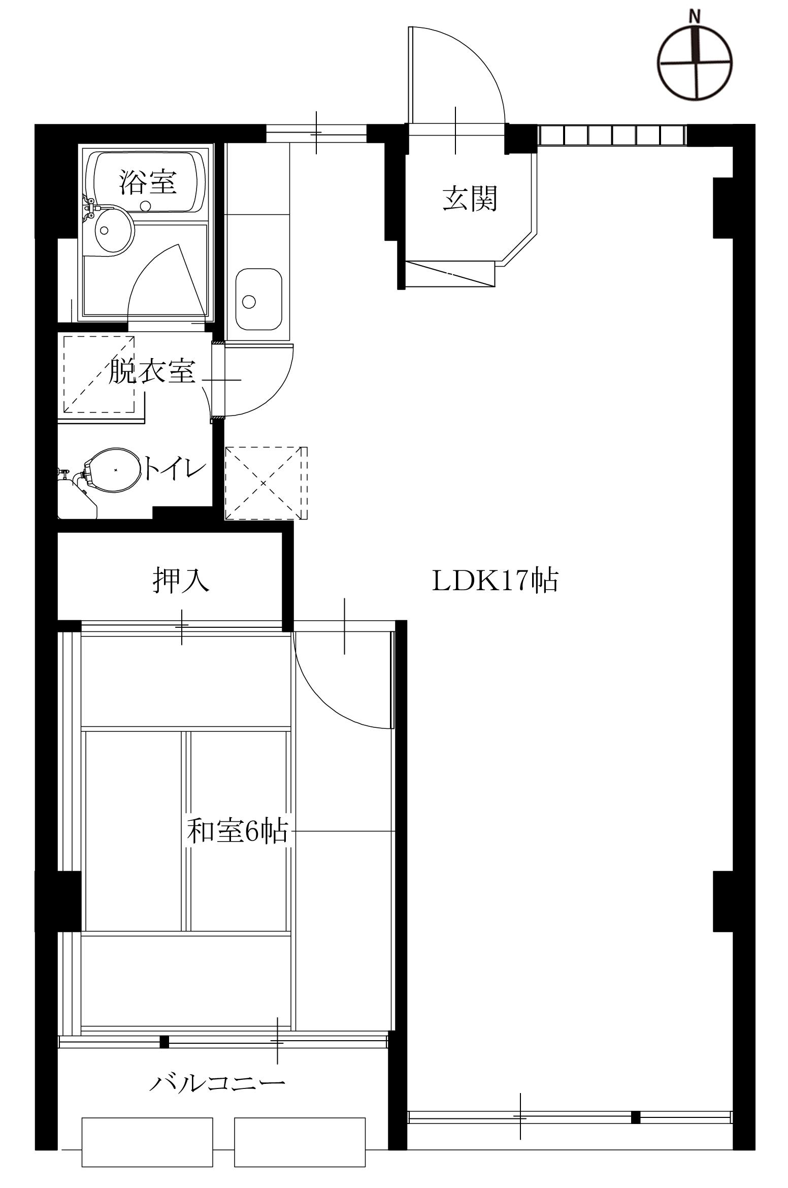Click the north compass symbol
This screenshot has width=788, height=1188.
point(695,62)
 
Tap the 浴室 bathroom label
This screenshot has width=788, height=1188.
point(148,182)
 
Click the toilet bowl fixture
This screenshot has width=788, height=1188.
point(115,470)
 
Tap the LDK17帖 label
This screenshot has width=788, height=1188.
point(495,581)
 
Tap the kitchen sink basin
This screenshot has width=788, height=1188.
point(258,300)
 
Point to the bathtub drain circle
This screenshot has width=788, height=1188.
point(146,206)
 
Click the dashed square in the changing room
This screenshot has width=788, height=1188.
point(99,373)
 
